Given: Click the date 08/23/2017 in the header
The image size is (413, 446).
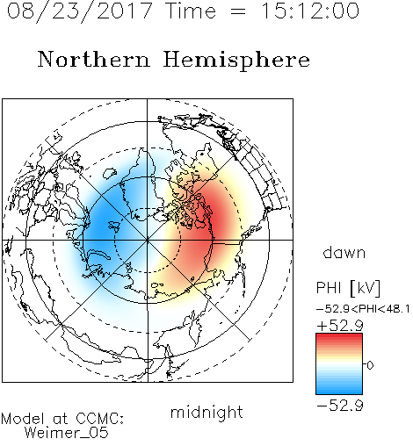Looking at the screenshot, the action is pyautogui.click(x=80, y=11).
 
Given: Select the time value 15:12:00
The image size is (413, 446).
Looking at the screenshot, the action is pyautogui.click(x=309, y=11).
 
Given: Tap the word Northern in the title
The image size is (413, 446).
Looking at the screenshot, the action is pyautogui.click(x=94, y=60).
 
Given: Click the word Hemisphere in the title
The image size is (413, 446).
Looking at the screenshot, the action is pyautogui.click(x=236, y=60).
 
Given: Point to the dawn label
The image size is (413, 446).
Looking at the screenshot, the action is pyautogui.click(x=344, y=252).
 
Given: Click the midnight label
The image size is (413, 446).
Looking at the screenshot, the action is pyautogui.click(x=206, y=412).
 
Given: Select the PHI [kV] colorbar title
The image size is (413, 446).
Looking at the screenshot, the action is pyautogui.click(x=348, y=287).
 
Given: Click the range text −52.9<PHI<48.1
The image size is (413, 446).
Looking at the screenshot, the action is pyautogui.click(x=363, y=309).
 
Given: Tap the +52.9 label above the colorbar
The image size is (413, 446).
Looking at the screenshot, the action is pyautogui.click(x=340, y=325).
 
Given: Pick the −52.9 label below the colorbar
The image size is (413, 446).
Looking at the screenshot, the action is pyautogui.click(x=340, y=406).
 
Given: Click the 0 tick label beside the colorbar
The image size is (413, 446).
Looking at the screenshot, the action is pyautogui.click(x=370, y=365).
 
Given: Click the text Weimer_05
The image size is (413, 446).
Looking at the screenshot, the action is pyautogui.click(x=67, y=433).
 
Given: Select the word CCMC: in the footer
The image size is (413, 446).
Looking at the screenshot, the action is pyautogui.click(x=100, y=419).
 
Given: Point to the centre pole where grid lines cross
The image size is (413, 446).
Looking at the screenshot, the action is pyautogui.click(x=148, y=240).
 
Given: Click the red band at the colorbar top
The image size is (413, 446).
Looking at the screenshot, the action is pyautogui.click(x=339, y=337).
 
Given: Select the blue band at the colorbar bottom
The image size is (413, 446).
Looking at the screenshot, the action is pyautogui.click(x=339, y=390).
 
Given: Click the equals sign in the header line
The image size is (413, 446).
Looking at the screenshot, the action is pyautogui.click(x=237, y=11).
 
